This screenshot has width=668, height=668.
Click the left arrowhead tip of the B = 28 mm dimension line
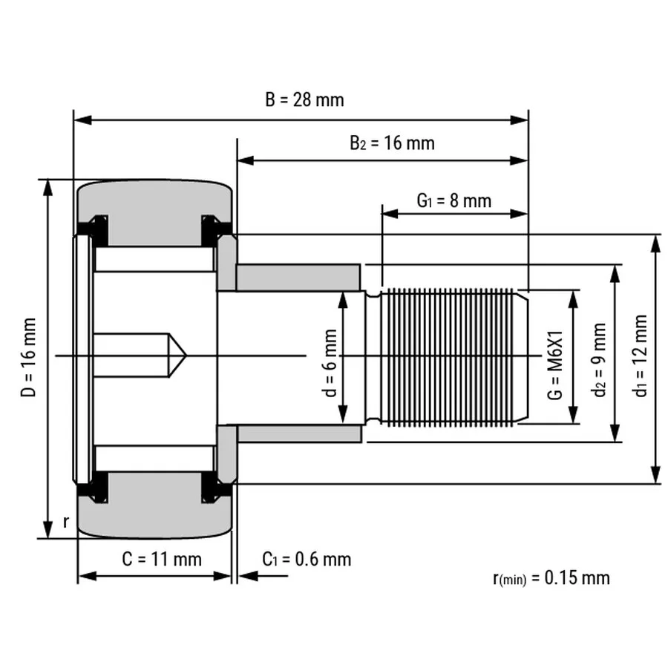74,120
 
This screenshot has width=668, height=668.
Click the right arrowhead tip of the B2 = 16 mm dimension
528,160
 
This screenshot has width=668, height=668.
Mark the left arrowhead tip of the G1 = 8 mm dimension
382,214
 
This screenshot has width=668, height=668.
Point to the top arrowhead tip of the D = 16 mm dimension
48,180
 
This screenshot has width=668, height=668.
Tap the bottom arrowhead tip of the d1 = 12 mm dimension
655,483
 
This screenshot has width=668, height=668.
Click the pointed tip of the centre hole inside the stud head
186,355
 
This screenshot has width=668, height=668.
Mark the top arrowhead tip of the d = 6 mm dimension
343,292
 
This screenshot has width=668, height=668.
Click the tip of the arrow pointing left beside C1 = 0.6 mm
238,576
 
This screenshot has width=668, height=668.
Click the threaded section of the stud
448,357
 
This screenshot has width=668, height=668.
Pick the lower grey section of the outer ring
155,505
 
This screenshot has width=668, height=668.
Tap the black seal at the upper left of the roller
94,231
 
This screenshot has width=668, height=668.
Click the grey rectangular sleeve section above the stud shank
298,278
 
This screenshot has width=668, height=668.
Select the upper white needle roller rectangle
154,259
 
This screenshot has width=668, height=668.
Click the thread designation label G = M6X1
555,364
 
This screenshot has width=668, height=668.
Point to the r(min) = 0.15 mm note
551,578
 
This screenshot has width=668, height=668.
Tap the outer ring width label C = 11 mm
162,559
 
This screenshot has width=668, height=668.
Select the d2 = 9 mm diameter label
600,360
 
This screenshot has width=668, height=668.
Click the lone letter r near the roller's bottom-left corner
65,522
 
